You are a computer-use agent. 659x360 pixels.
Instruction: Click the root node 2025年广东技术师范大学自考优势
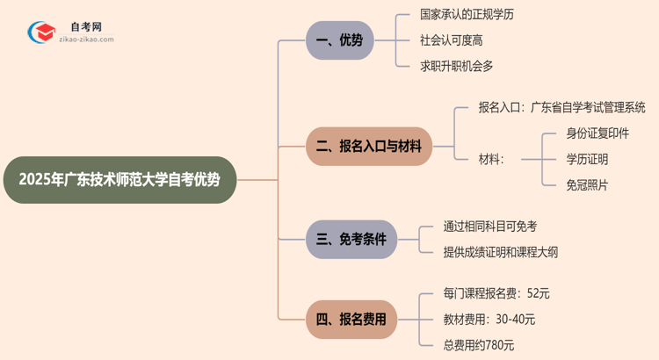pos(119,180)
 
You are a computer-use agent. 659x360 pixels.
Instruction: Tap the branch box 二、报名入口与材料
pos(368,147)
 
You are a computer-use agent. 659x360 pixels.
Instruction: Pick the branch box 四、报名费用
pos(351,320)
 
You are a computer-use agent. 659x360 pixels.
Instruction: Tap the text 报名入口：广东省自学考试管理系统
pos(561,108)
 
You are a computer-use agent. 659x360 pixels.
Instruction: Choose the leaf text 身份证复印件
pos(597,133)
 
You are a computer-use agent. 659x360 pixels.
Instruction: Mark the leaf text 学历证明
pos(587,159)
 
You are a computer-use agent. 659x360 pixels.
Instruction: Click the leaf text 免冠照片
pos(587,184)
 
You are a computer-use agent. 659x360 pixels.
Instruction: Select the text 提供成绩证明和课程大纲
pos(501,252)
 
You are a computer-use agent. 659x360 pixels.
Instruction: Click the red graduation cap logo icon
pos(40,33)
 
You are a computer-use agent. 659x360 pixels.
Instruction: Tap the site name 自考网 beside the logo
pos(85,27)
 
